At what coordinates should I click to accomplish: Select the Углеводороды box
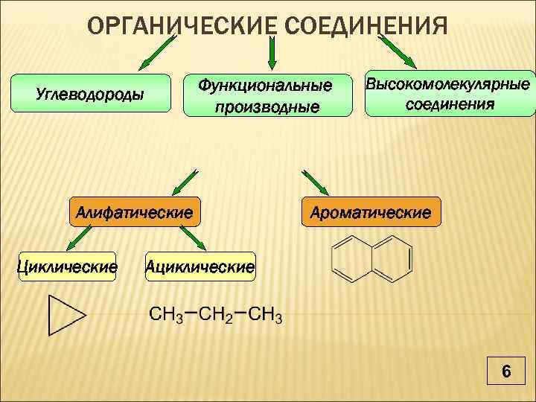[x=92, y=94]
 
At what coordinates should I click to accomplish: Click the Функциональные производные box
[x=267, y=96]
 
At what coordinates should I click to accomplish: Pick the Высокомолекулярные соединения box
[x=450, y=93]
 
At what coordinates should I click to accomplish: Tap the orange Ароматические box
[x=370, y=212]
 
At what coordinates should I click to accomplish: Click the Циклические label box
[x=67, y=266]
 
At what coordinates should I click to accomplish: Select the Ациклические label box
[x=200, y=266]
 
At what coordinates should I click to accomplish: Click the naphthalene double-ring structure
[x=371, y=258]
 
